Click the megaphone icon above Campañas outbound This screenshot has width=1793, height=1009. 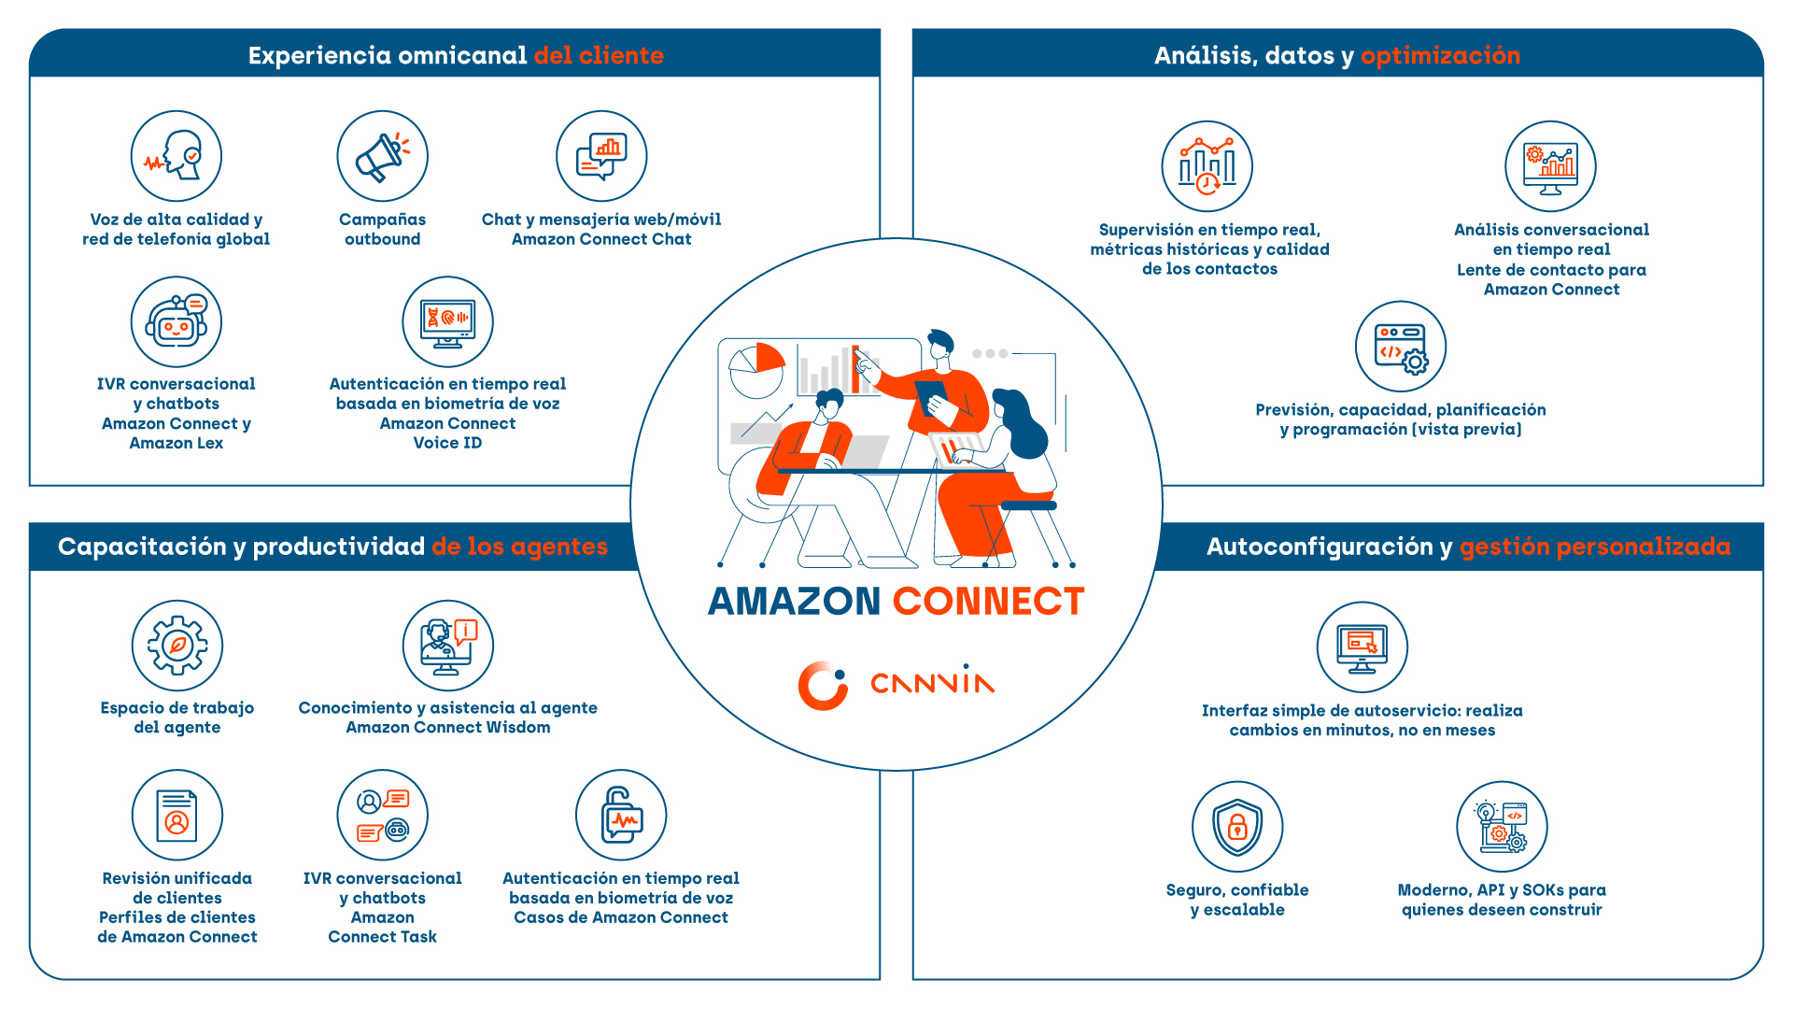coord(382,156)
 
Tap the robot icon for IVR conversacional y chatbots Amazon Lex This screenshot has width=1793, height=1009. coord(176,322)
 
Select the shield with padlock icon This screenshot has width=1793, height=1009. coord(1237,827)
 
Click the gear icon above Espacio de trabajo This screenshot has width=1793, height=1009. coord(177,646)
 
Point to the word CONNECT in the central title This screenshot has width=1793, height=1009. coord(988,602)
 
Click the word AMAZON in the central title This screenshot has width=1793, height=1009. coord(795,602)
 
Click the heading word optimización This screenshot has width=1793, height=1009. coord(1440,56)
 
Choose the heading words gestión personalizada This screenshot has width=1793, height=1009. coord(1594,547)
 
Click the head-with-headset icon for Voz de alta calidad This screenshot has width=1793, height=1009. coord(176,156)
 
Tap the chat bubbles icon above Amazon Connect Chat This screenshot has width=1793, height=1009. coord(601,156)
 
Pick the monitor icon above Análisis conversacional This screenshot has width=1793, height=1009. coord(1550,166)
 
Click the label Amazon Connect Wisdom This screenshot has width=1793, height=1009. coord(448,728)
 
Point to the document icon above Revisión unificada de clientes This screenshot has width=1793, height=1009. coord(176,815)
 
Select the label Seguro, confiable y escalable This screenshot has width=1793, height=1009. coord(1237,900)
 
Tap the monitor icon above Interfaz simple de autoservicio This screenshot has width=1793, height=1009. coord(1362,647)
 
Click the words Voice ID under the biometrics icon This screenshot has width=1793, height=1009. coord(447,443)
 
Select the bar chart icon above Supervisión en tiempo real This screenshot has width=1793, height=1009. coord(1207,166)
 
